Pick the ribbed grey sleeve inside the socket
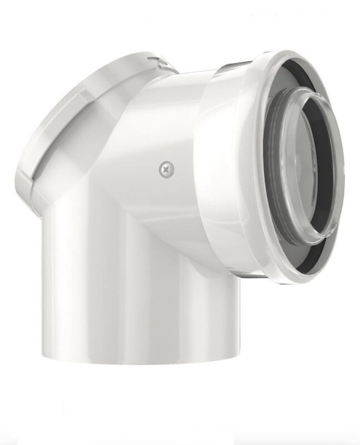(273, 167)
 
